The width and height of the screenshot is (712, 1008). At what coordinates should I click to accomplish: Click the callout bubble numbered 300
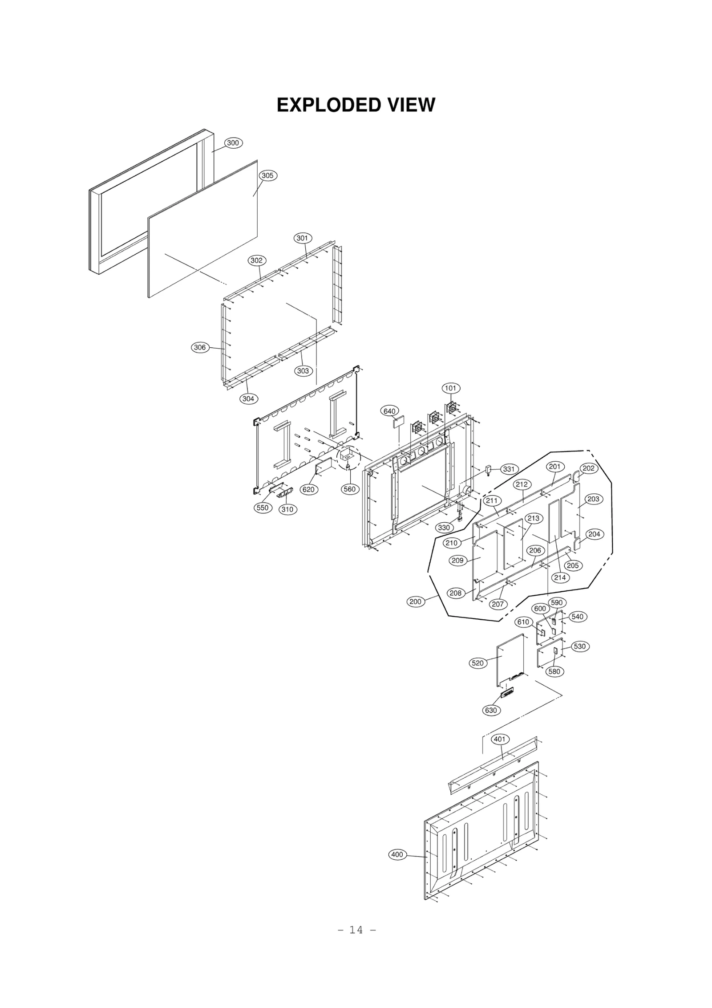pos(233,143)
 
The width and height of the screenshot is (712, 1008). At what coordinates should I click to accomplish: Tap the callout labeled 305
pos(267,175)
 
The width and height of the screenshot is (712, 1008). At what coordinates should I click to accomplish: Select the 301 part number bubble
pos(302,238)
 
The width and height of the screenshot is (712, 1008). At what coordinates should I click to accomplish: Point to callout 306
pos(200,347)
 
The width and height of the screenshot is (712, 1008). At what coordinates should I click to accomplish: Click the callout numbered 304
pos(248,398)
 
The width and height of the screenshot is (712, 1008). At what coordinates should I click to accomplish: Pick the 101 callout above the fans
pos(450,388)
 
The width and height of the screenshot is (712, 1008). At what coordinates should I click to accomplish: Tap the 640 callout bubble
pos(390,411)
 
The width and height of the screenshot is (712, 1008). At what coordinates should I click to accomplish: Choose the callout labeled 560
pos(350,489)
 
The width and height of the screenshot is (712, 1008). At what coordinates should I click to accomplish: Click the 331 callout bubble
pos(508,469)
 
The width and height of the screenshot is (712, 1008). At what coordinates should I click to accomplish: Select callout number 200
pos(415,602)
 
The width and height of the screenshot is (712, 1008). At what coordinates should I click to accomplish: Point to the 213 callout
pos(533,518)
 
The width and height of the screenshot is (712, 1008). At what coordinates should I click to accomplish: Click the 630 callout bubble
pos(490,710)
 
